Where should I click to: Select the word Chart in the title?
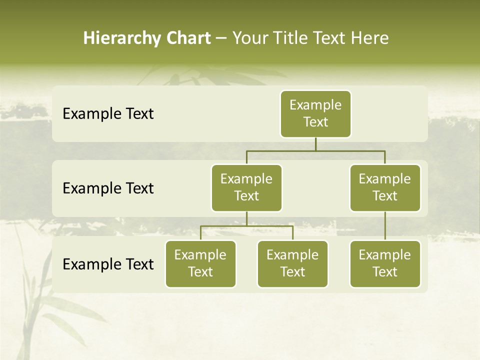click(187, 38)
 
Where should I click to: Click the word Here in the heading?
click(370, 38)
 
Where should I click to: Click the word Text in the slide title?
click(330, 38)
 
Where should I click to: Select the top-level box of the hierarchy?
click(315, 113)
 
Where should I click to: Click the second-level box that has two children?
click(246, 187)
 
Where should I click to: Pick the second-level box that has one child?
click(385, 187)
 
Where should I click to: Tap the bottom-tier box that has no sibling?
click(385, 263)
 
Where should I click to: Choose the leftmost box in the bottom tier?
click(200, 263)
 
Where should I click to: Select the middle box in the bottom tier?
click(292, 263)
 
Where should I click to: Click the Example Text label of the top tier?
click(108, 113)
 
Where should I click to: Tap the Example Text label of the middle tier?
click(108, 188)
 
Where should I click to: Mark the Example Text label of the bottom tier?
click(108, 264)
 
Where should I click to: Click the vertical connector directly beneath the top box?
click(315, 144)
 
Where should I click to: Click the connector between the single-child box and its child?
click(385, 226)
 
